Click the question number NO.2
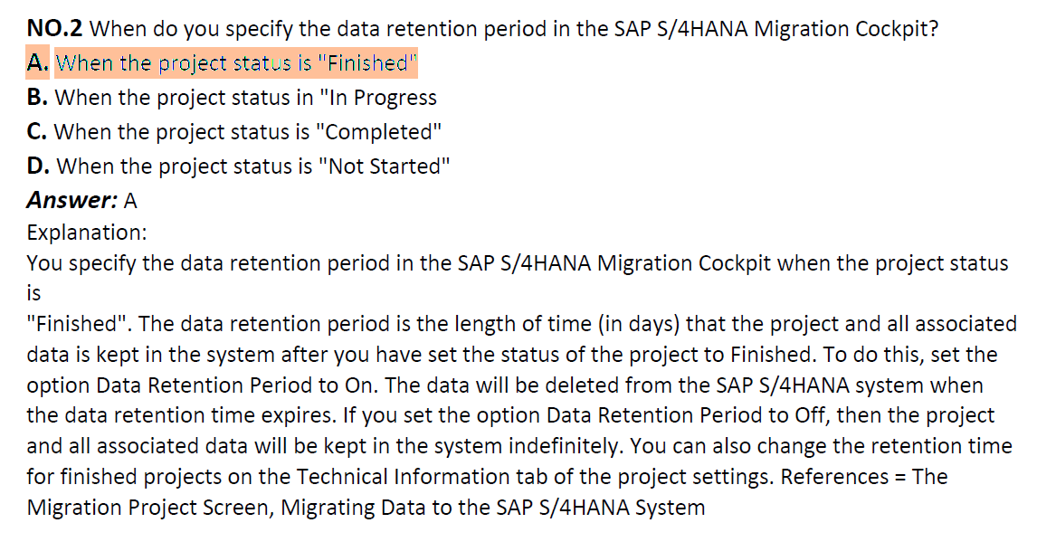coord(55,29)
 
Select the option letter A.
coord(38,63)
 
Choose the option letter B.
coord(38,98)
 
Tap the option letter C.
coord(37,131)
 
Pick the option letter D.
coord(38,166)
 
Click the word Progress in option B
coord(395,99)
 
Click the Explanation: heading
coord(87,233)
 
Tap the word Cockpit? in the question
coord(897,30)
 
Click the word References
coord(834,477)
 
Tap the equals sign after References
coord(900,478)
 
